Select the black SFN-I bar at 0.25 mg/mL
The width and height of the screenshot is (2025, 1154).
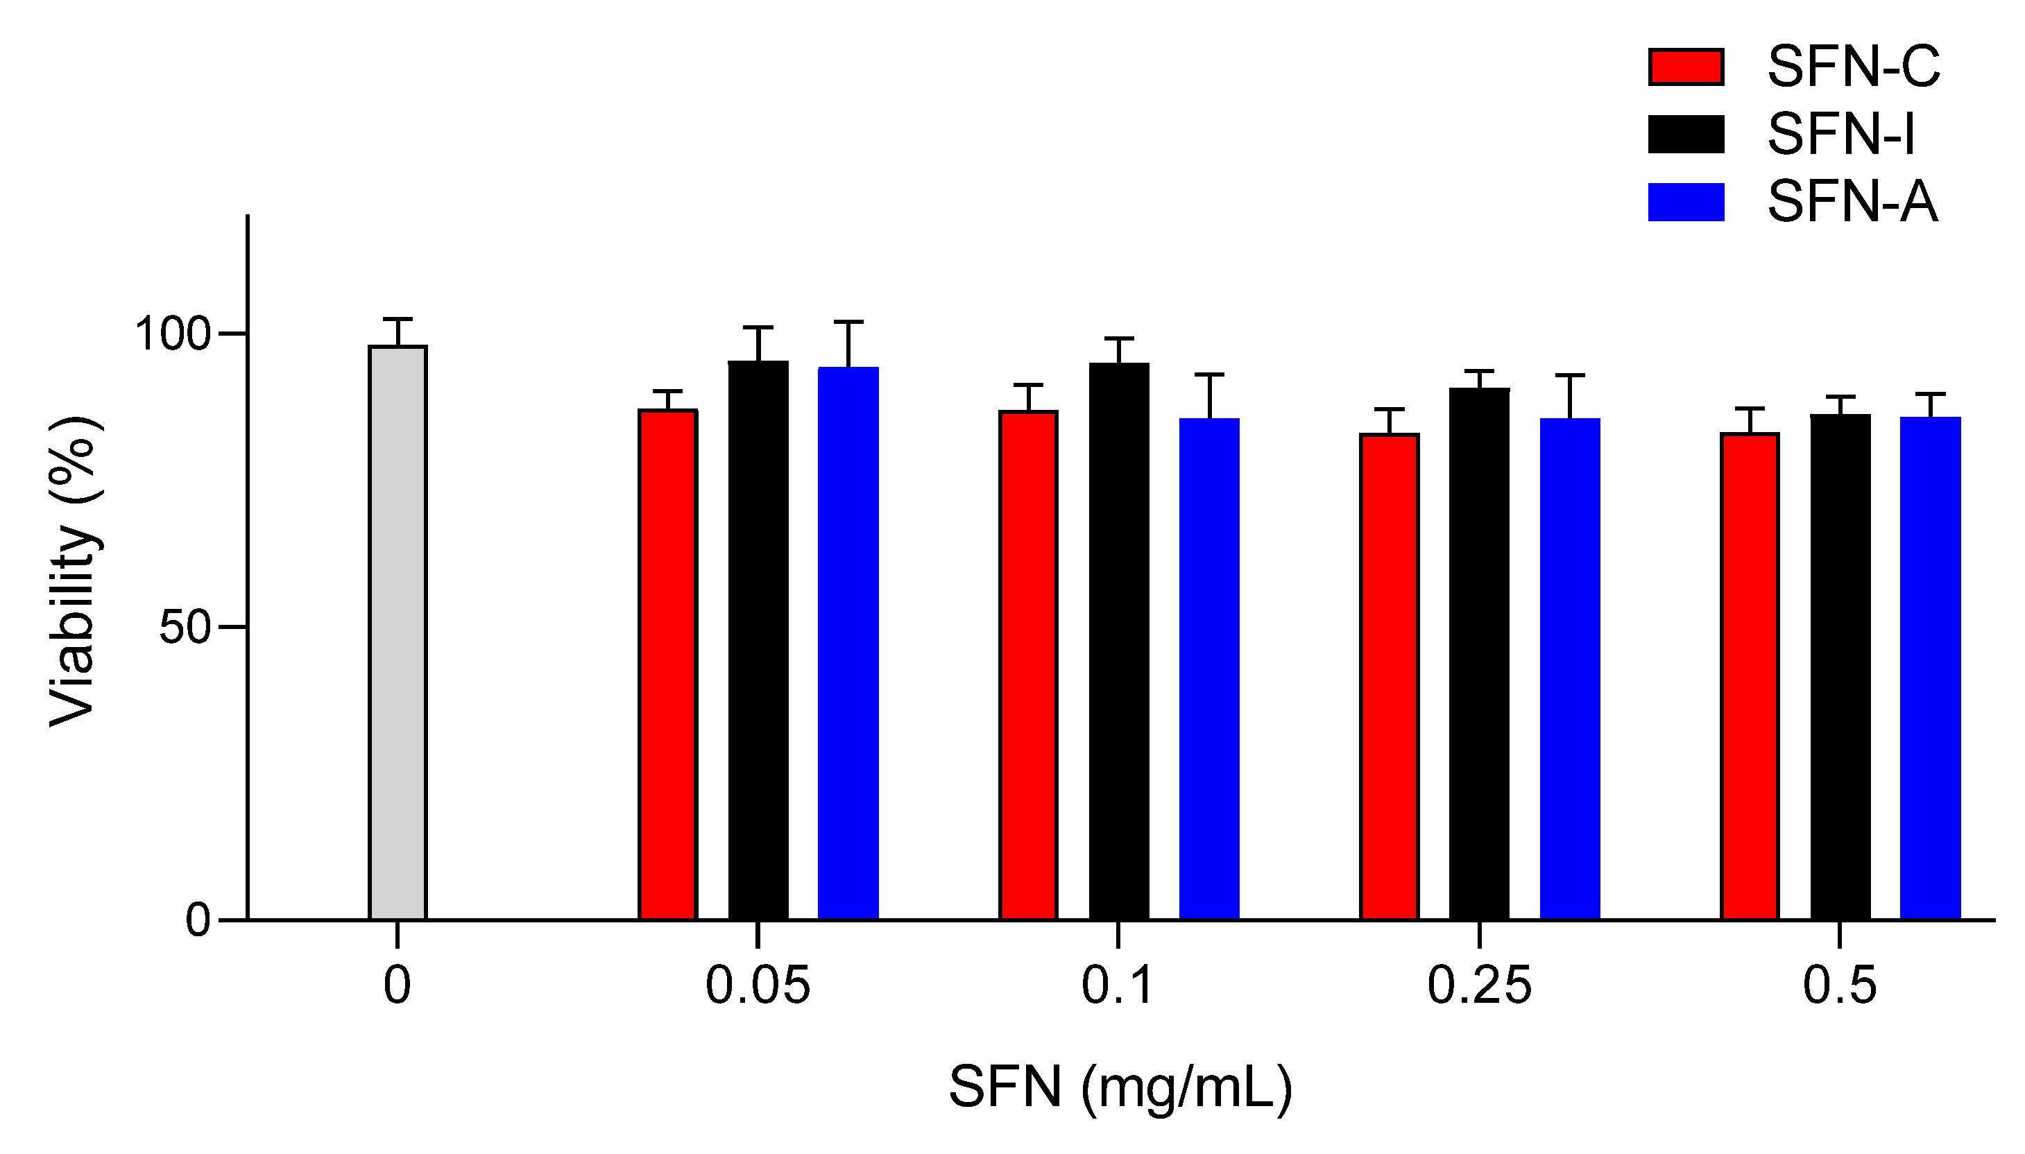(x=1479, y=653)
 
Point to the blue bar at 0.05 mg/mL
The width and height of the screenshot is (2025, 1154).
(x=848, y=643)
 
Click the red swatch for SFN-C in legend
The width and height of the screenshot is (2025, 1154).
(x=1686, y=67)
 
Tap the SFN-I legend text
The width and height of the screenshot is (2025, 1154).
(x=1840, y=134)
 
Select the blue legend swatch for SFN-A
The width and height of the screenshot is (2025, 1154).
(x=1686, y=202)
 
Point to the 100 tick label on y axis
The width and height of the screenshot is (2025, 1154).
(x=172, y=334)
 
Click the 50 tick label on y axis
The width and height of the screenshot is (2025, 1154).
(x=184, y=628)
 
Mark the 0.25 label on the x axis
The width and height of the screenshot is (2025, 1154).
(x=1479, y=985)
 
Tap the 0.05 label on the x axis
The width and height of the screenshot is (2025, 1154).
(x=758, y=985)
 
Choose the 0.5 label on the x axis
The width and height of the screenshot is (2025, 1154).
(x=1840, y=985)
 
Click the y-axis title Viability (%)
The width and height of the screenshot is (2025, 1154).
(x=76, y=571)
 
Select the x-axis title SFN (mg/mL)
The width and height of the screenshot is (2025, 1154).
(x=1120, y=1087)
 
